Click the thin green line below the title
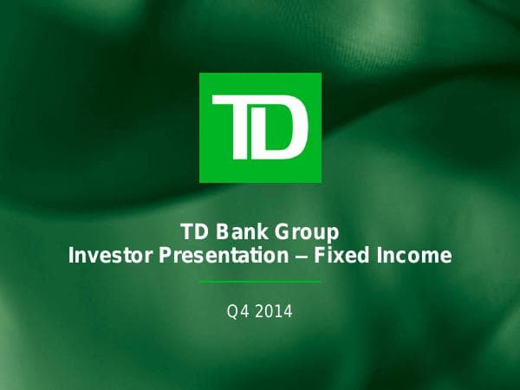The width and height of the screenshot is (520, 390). [260, 282]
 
